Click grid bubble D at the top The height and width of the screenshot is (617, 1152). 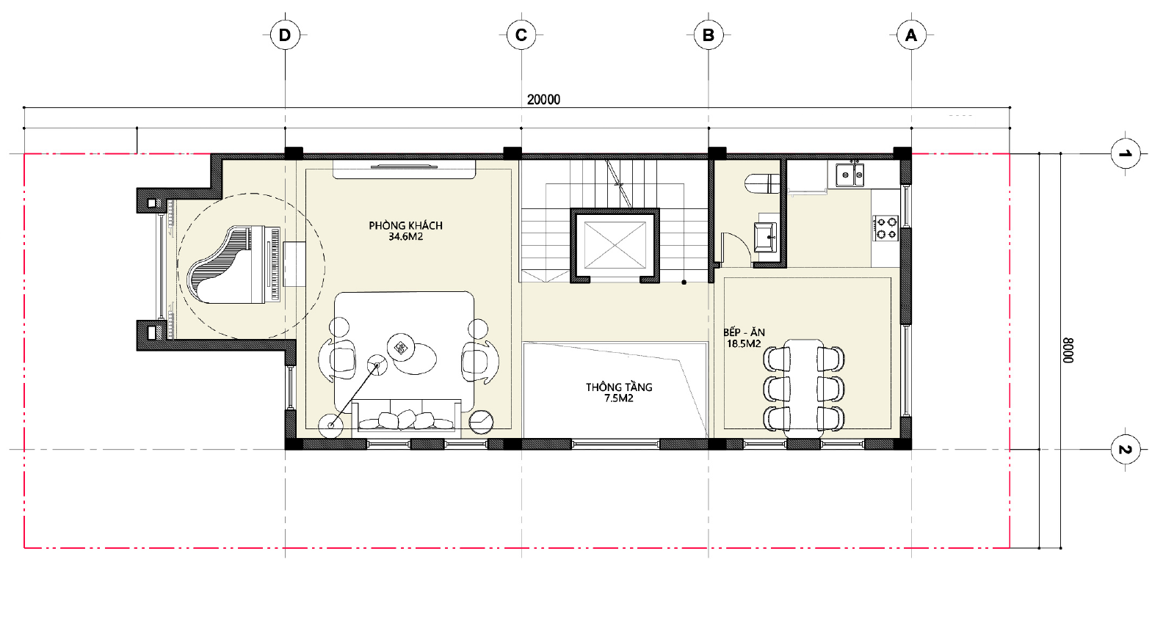pos(284,35)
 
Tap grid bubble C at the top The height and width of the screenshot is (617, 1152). pos(521,35)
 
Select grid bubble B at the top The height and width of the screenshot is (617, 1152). pos(709,35)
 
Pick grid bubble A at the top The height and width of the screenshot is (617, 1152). pos(911,35)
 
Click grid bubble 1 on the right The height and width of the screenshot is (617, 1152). pos(1126,153)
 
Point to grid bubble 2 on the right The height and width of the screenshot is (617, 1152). pos(1126,450)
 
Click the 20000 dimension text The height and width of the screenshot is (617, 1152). pos(543,100)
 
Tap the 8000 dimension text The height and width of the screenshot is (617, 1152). pos(1068,351)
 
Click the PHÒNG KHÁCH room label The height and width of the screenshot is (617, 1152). pos(405,225)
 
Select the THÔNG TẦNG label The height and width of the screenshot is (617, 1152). pos(619,387)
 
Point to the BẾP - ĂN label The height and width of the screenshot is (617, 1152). pos(744,332)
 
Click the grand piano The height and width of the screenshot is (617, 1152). pos(236,265)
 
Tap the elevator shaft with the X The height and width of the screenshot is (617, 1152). pos(615,246)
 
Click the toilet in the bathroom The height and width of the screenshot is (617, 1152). pos(761,183)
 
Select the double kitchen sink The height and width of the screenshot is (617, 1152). pos(849,175)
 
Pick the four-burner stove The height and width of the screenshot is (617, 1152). pos(885,229)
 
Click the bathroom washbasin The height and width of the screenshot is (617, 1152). pos(766,237)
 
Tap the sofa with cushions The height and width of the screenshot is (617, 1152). pos(406,415)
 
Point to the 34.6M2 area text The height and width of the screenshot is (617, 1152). pos(405,237)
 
